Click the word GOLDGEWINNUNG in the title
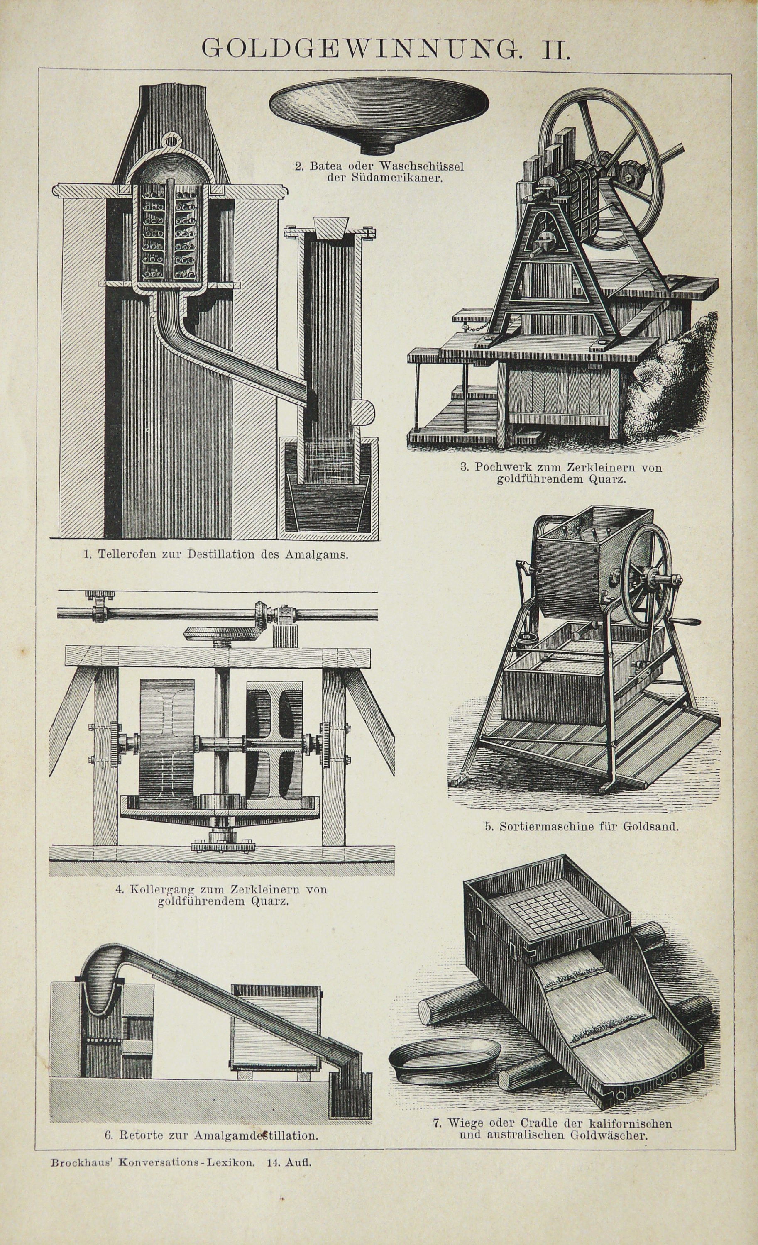tap(360, 49)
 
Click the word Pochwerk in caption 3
tap(498, 467)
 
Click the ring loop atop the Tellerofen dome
tap(172, 139)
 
